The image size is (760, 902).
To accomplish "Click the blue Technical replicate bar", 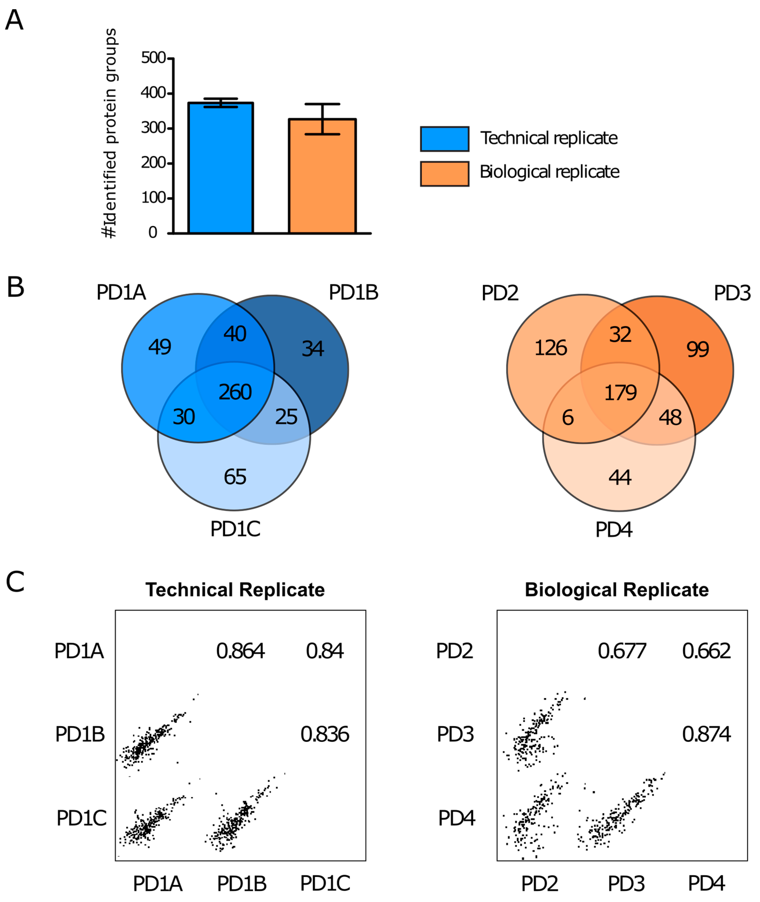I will (x=220, y=168).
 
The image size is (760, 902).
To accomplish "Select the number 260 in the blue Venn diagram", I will (x=235, y=392).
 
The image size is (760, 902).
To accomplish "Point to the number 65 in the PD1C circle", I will (x=235, y=477).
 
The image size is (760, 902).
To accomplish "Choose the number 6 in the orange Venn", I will (x=568, y=417).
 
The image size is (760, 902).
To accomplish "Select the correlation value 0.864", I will (x=240, y=651).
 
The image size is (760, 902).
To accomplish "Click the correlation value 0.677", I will (x=622, y=651).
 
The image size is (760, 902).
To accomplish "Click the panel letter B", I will (x=16, y=287).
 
